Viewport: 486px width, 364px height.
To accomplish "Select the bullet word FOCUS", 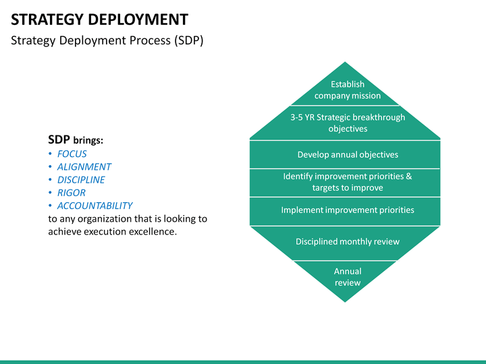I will (72, 154).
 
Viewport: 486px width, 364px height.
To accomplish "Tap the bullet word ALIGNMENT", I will (84, 167).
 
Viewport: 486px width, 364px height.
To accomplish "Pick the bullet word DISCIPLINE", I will (81, 180).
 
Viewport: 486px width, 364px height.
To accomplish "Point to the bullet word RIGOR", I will (71, 193).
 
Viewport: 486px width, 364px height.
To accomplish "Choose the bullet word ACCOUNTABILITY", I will (94, 206).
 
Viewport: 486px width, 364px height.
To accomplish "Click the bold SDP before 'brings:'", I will (59, 140).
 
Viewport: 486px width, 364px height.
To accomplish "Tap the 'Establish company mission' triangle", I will (347, 89).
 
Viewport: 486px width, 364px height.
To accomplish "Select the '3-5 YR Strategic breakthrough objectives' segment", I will (347, 123).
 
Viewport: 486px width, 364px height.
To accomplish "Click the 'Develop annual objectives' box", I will (347, 154).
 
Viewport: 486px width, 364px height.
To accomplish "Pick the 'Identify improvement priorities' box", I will (347, 182).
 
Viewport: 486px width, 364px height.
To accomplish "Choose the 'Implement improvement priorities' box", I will (347, 210).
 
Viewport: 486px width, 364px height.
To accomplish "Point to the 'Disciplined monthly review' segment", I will (347, 241).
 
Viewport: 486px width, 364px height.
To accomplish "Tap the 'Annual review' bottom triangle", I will (347, 276).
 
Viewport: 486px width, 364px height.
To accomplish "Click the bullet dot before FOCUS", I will (51, 154).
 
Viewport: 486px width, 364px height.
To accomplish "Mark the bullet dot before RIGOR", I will (51, 193).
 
